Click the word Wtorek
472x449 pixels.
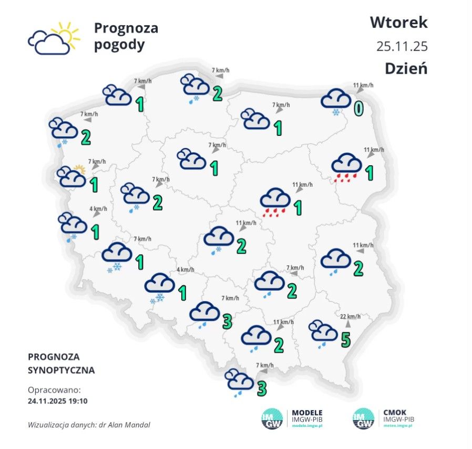tap(398, 23)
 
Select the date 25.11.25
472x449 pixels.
tap(402, 46)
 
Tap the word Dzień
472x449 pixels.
tap(405, 68)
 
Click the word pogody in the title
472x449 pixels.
tap(119, 45)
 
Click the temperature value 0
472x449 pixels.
tap(359, 108)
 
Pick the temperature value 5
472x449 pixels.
tap(345, 340)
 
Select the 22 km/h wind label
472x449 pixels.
tap(351, 316)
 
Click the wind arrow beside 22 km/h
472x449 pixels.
tap(347, 325)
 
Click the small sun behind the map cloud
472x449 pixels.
tap(79, 169)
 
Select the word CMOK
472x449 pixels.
tap(395, 412)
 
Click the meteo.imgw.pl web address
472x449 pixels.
tap(398, 425)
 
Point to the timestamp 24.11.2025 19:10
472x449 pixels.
tap(58, 400)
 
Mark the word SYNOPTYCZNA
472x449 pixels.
tap(61, 370)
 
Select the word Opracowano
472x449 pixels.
tap(54, 390)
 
